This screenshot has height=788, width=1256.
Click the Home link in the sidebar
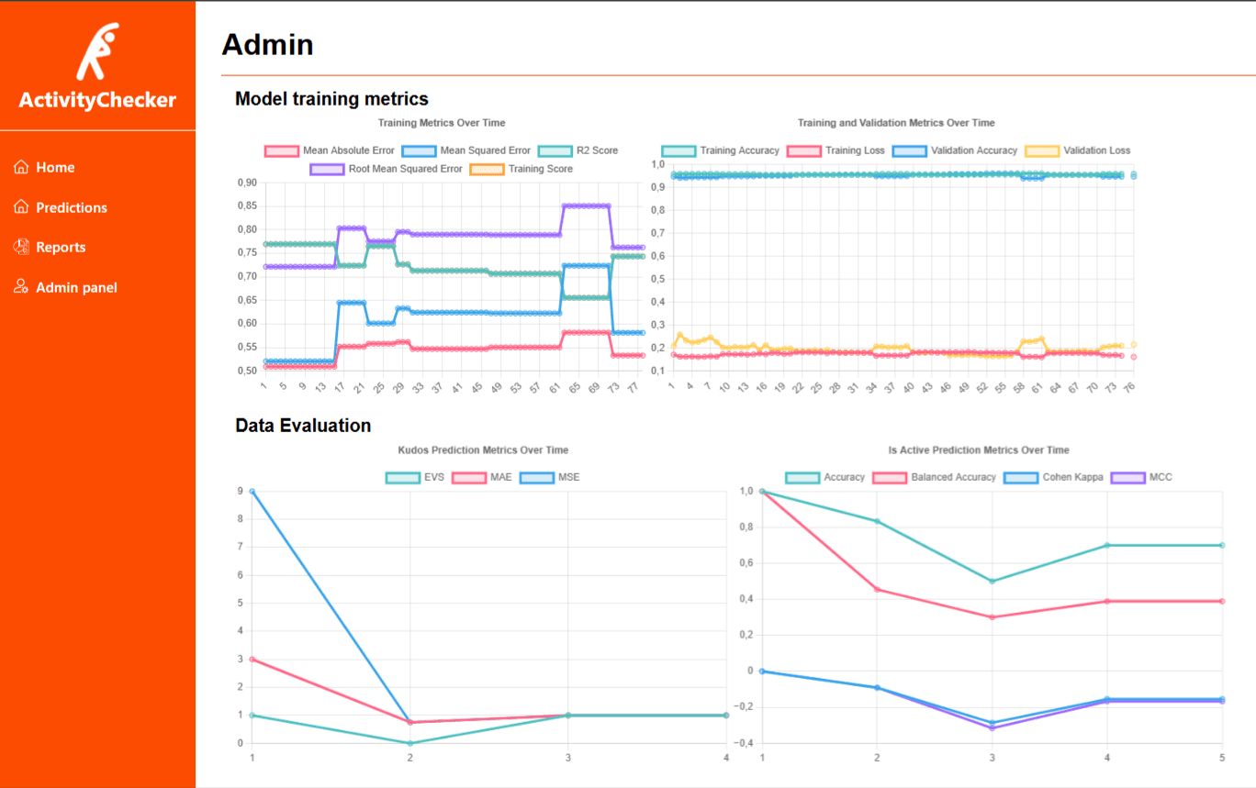tap(55, 168)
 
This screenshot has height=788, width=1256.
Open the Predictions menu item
tap(71, 208)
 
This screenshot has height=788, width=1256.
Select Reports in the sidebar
tap(61, 248)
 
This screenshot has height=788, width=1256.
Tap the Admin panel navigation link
tap(76, 288)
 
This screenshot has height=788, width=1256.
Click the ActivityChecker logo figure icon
tap(97, 52)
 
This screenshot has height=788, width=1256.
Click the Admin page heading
tap(267, 44)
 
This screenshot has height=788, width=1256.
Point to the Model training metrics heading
tap(331, 99)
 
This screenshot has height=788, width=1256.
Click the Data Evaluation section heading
tap(303, 426)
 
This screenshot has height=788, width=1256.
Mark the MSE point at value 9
tap(252, 492)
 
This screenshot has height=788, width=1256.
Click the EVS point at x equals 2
tap(410, 743)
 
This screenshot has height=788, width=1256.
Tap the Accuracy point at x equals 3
tap(992, 581)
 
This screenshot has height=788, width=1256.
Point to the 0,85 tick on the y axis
tap(246, 206)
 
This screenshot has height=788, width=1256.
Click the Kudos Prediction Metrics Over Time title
tap(483, 450)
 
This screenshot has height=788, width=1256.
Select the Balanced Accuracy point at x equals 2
tap(877, 589)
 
